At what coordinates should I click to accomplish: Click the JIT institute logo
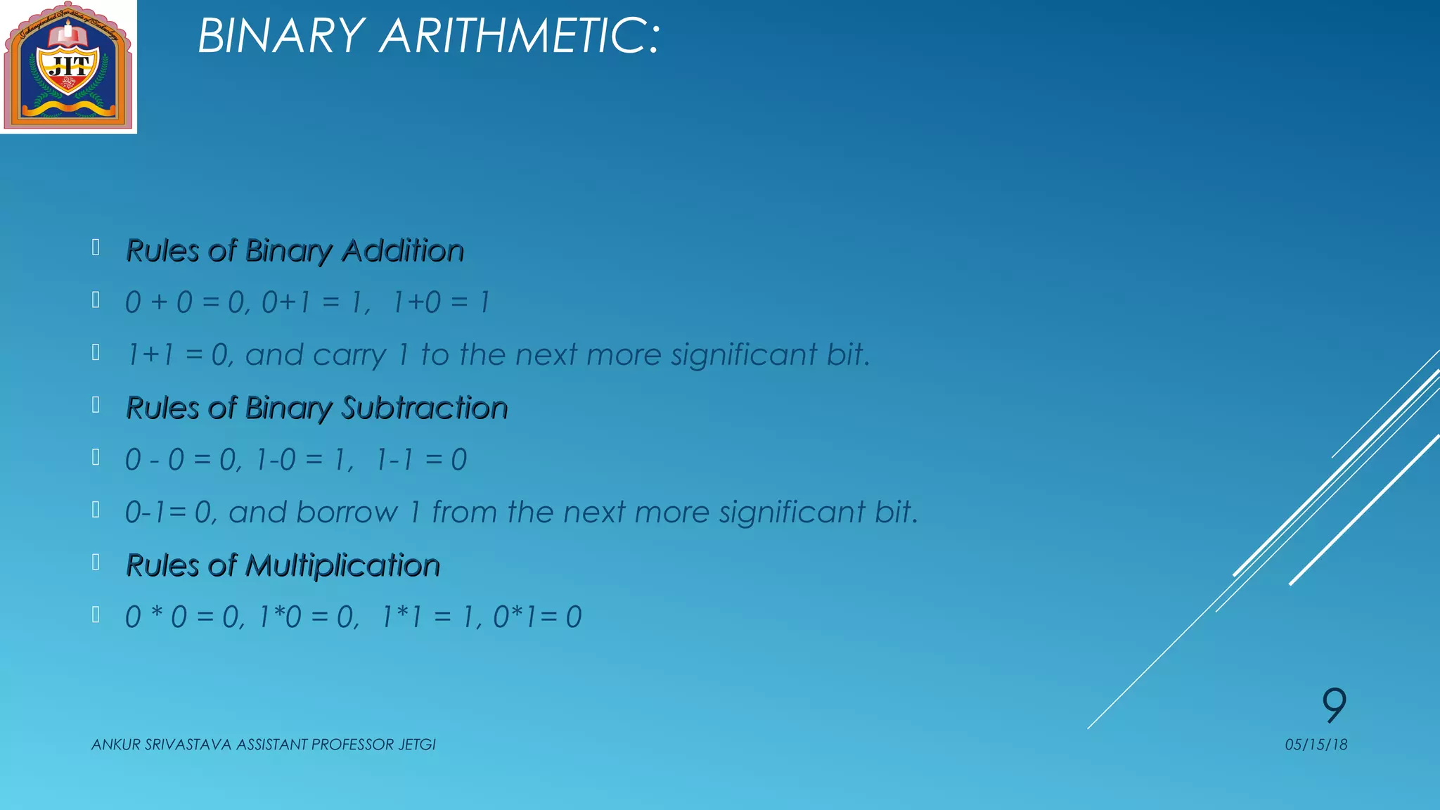[68, 67]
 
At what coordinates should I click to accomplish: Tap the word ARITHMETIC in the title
[520, 36]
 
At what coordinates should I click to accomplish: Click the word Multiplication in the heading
[342, 566]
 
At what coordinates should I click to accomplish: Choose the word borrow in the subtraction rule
[348, 513]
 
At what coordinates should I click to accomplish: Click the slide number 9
[1334, 705]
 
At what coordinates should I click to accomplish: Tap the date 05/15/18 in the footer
[1316, 745]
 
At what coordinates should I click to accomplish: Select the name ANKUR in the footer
[116, 745]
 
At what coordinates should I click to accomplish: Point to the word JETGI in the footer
[417, 745]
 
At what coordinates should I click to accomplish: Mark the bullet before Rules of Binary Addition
[96, 247]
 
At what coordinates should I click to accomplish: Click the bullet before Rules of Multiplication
[96, 562]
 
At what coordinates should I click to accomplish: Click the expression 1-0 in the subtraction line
[276, 461]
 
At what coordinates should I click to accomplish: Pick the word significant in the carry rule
[743, 355]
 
